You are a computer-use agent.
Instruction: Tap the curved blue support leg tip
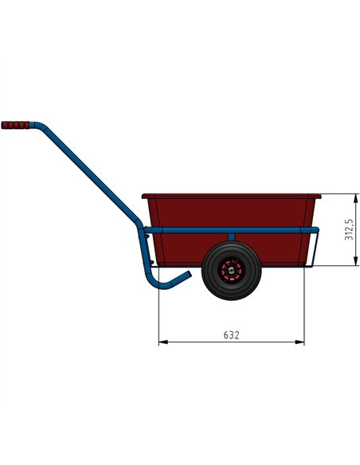click(x=187, y=275)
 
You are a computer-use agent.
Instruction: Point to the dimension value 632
click(x=231, y=334)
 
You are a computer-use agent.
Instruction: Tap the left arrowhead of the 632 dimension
click(x=162, y=342)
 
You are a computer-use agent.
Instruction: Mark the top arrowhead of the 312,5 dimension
click(x=355, y=197)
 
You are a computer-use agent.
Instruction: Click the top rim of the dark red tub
click(x=231, y=195)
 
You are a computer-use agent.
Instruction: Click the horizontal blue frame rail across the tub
click(x=263, y=230)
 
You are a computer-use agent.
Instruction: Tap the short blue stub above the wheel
click(x=231, y=237)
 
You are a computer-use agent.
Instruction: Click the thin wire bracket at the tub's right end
click(x=317, y=248)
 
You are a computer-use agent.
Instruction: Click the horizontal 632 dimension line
click(x=199, y=342)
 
